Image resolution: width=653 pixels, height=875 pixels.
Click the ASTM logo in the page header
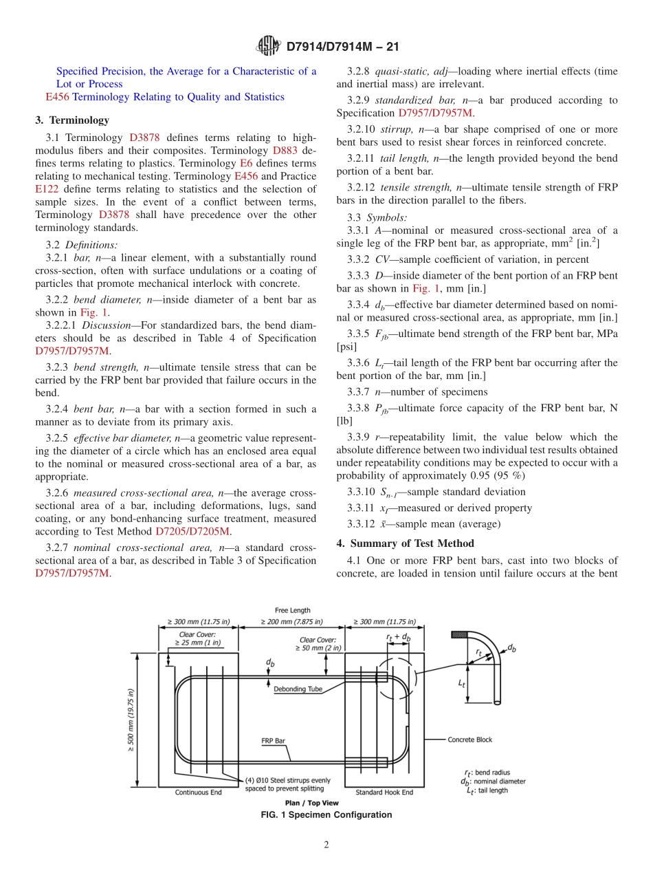click(268, 46)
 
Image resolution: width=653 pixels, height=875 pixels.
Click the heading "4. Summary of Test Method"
click(405, 543)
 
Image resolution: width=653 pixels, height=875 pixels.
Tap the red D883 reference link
click(285, 151)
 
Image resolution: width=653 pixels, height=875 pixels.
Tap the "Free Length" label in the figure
click(292, 610)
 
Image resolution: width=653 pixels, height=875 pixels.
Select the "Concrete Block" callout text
click(470, 740)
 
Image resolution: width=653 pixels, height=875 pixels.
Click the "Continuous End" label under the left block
click(198, 792)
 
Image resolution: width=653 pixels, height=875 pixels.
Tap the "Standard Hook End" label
click(384, 792)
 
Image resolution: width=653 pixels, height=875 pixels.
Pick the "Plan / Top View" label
click(311, 803)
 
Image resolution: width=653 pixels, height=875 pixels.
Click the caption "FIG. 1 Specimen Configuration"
click(326, 815)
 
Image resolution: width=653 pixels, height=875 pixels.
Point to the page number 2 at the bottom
click(326, 845)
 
